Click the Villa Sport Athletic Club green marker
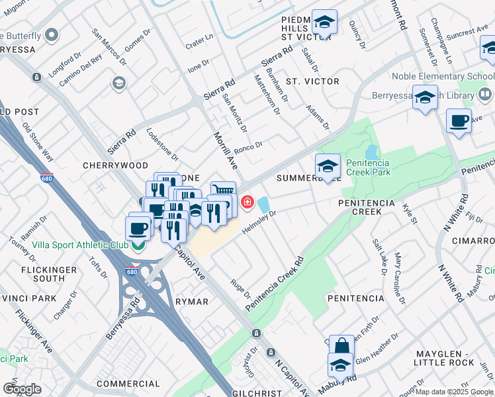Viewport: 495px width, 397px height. point(138,246)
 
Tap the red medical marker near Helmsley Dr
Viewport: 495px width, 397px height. point(247,202)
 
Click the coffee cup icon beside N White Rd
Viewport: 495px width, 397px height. point(458,120)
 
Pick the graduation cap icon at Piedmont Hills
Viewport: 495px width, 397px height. point(324,22)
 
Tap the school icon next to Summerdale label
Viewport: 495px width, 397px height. point(328,166)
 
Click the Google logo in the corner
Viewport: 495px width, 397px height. point(22,388)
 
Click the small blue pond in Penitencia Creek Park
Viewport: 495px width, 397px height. point(371,154)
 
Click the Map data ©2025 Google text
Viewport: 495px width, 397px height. point(453,392)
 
